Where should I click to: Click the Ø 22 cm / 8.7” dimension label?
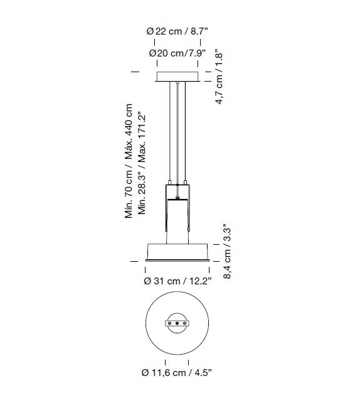coord(177,31)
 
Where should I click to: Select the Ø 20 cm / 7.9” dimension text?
coord(177,53)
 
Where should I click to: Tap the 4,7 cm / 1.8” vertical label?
coord(219,77)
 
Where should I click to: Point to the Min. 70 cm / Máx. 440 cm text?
coord(129,161)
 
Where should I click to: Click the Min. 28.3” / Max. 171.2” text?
coord(142,163)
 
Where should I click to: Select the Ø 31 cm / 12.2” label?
coord(177,281)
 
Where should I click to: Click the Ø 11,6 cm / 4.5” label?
coord(177,372)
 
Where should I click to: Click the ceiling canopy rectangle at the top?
coord(177,77)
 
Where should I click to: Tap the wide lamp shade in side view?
coord(177,251)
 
